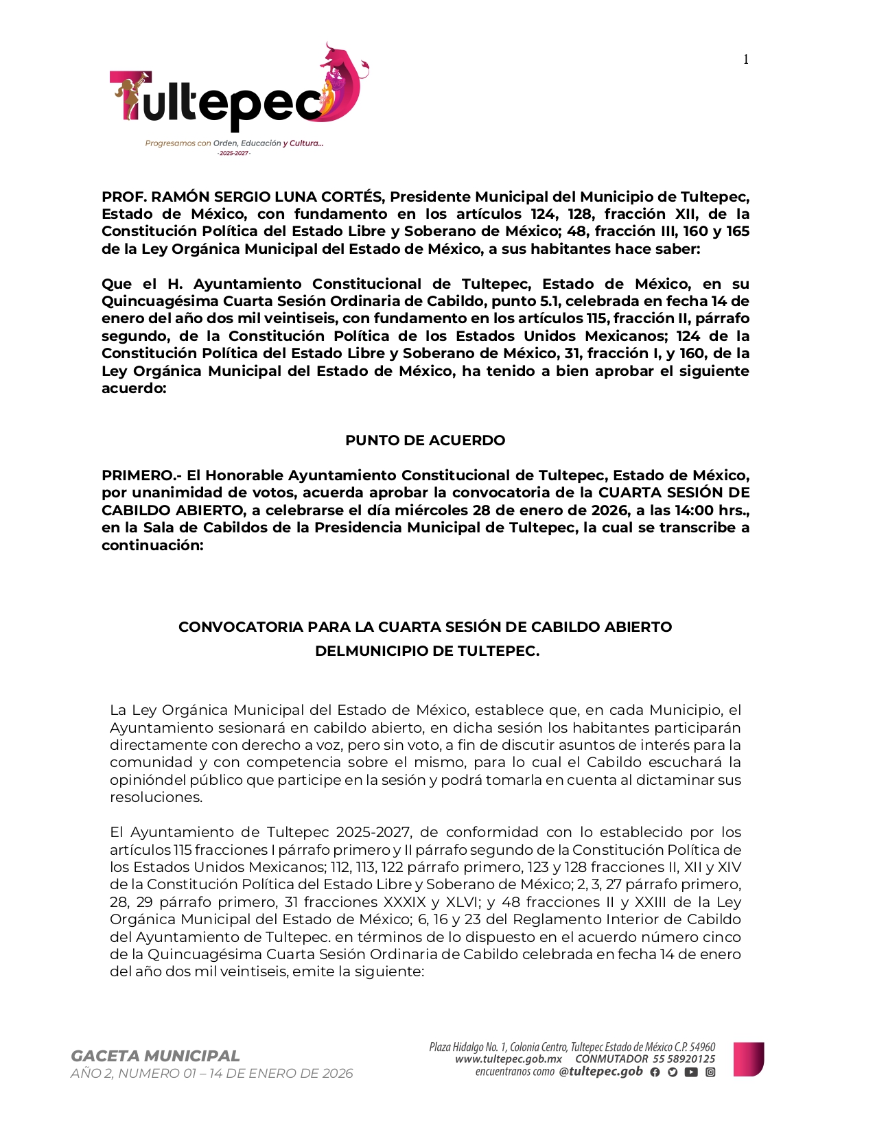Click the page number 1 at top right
pos(746,60)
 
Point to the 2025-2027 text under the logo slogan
pos(233,153)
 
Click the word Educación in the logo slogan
pos(261,143)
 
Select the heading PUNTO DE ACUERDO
pos(425,440)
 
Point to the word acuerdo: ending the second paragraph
pos(134,388)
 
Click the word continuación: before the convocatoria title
pos(152,545)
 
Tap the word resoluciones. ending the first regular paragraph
pos(156,797)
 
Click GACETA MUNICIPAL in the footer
pos(155,1056)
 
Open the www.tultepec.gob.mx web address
pos(508,1059)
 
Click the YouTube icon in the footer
pos(691,1072)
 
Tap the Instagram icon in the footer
pos(710,1072)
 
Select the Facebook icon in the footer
pos(655,1072)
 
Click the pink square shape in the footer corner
pos(748,1059)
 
